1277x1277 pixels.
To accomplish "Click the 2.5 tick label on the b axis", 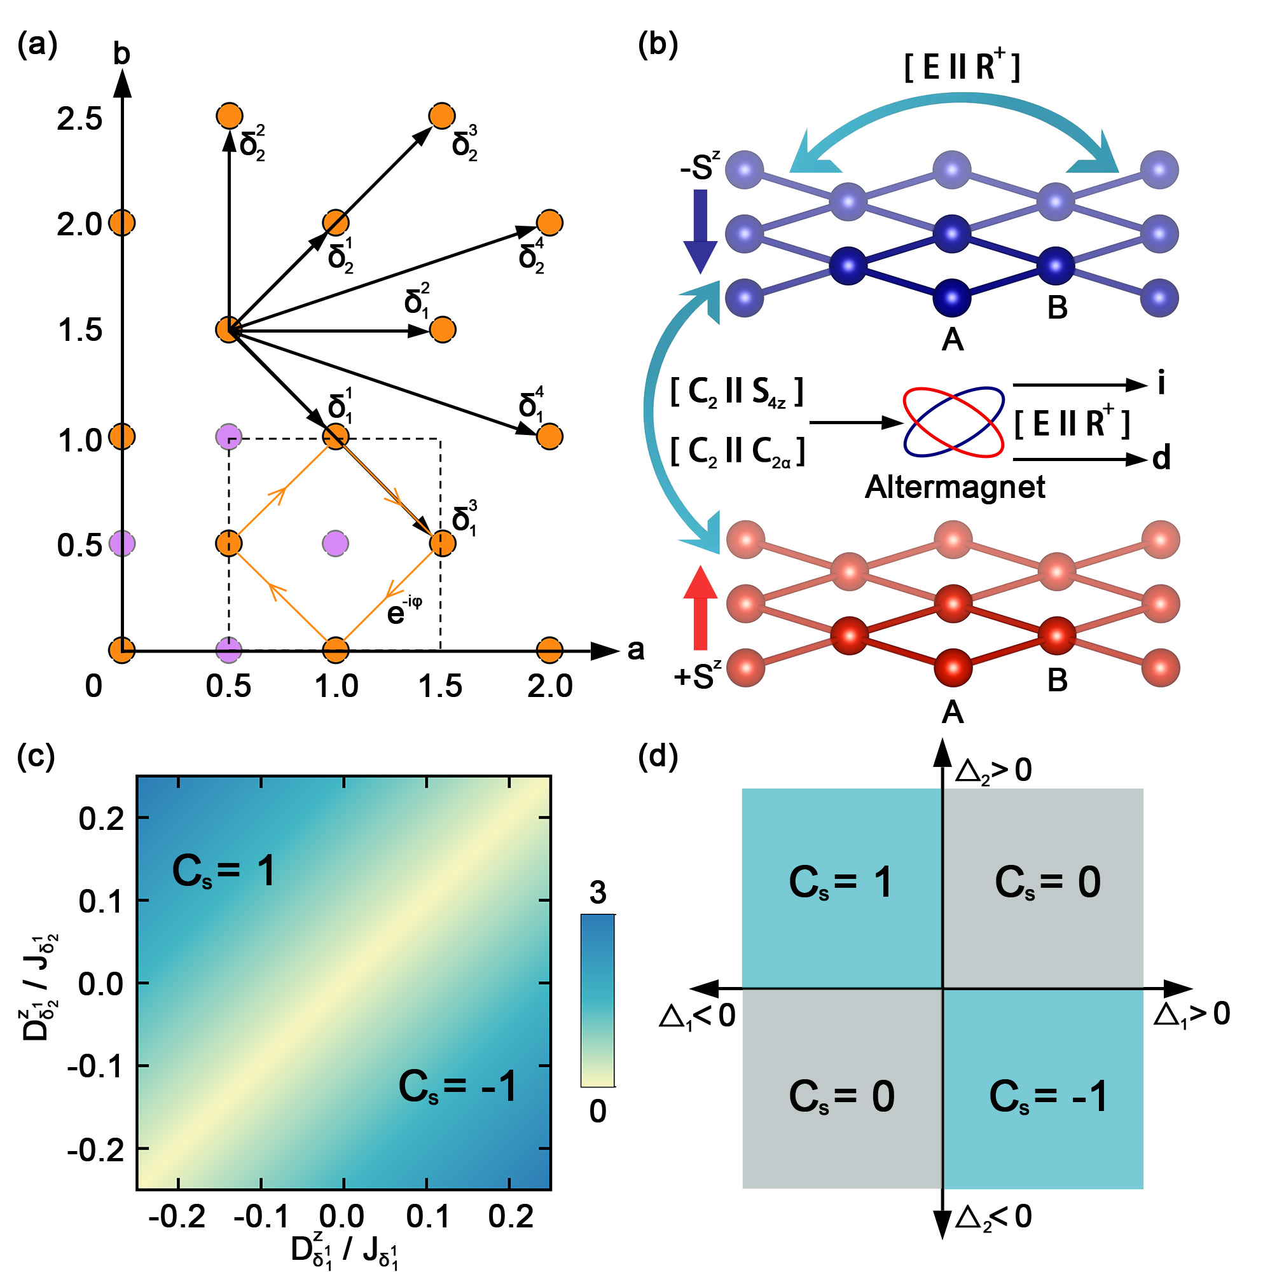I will coord(79,119).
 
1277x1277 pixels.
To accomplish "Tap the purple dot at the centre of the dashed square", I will coord(335,543).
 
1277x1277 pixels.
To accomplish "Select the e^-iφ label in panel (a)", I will coord(404,611).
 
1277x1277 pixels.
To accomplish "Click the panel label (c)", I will coord(36,756).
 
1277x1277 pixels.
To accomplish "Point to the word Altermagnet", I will coord(955,487).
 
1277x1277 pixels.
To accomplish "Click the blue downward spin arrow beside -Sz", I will coord(700,231).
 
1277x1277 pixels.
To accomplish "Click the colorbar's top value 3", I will coord(598,893).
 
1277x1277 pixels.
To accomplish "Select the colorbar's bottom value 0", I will coord(598,1112).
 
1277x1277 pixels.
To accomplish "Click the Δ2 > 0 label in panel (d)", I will coord(993,771).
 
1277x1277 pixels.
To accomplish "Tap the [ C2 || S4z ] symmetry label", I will coord(736,392).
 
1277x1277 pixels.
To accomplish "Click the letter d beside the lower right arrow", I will coord(1161,457).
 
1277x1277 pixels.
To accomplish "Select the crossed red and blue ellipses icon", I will coord(954,422).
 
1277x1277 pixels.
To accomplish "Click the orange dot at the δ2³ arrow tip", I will coord(441,116).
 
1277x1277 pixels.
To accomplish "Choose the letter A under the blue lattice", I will coord(952,340).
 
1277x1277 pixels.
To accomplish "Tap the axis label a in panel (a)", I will coord(635,651).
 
